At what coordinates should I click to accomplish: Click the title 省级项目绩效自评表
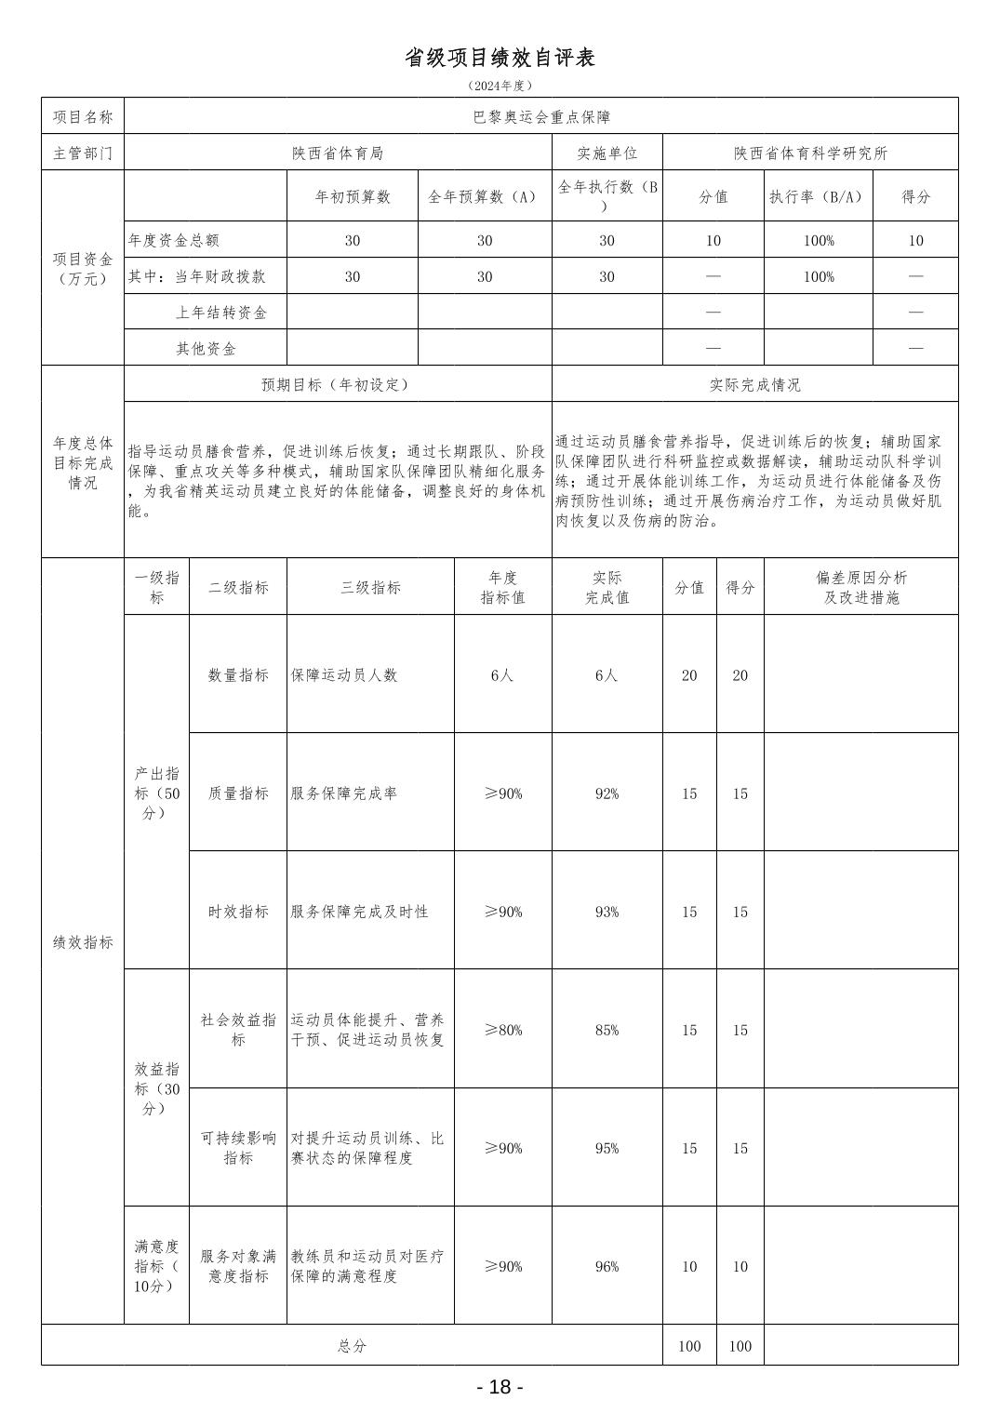(500, 58)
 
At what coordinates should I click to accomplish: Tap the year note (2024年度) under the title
(500, 86)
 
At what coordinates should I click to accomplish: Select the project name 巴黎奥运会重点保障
(540, 117)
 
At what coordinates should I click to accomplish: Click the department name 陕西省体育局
(338, 153)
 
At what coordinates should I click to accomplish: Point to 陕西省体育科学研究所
(810, 153)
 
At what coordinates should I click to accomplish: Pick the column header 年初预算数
(353, 197)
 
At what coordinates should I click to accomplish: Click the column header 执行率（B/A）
(818, 197)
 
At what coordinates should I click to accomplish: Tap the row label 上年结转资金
(221, 313)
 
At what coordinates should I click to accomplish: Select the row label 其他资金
(207, 349)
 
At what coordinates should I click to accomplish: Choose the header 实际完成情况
(754, 384)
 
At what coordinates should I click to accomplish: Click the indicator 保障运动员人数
(344, 675)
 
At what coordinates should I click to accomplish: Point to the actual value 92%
(607, 793)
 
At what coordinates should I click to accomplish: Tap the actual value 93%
(607, 912)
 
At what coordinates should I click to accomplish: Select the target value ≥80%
(502, 1030)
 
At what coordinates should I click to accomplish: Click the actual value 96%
(607, 1266)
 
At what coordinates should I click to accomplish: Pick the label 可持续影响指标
(238, 1148)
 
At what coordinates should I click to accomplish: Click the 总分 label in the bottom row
(352, 1346)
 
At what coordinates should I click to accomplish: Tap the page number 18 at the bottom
(500, 1387)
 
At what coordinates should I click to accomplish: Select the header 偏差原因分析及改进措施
(860, 588)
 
